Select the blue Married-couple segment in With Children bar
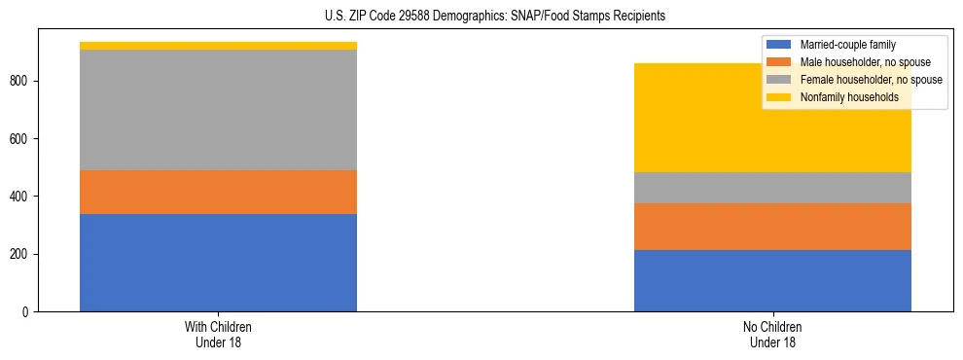coord(218,263)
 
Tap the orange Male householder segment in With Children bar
coord(218,192)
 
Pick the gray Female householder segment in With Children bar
coord(218,110)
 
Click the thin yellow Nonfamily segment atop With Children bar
coord(218,46)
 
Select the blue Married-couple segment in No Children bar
coord(772,280)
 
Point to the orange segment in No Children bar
coord(772,227)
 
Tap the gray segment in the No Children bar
coord(772,188)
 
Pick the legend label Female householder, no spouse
coord(871,80)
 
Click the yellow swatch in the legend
coord(779,97)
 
